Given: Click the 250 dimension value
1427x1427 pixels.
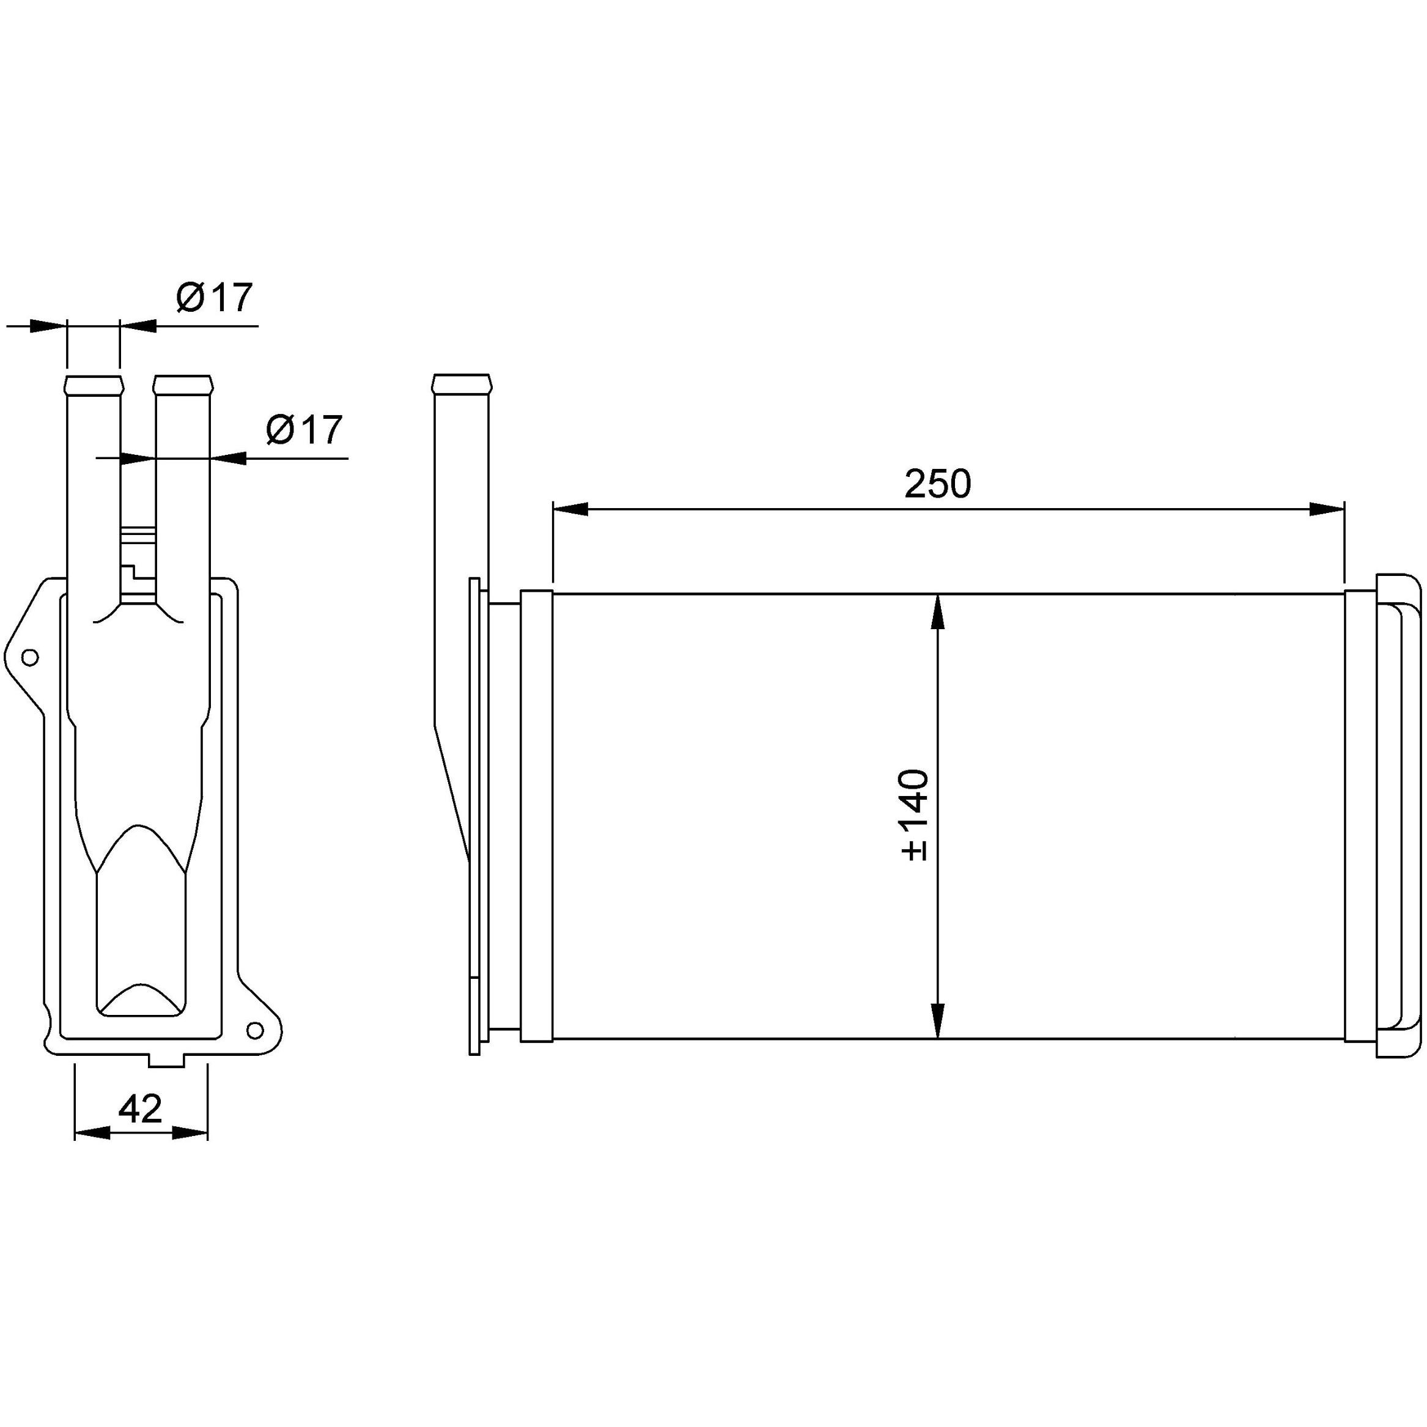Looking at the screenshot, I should (937, 484).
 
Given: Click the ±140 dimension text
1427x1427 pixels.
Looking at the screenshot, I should (915, 816).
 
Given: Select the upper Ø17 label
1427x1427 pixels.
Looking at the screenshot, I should (214, 298).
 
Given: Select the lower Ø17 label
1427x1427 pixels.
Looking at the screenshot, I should (304, 430).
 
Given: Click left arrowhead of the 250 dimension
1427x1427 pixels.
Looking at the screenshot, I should (571, 509).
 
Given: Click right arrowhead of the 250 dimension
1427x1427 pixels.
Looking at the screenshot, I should (1326, 509).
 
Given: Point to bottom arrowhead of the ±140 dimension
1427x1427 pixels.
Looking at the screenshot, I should (937, 1020).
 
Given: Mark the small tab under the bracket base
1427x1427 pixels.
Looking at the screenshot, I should (166, 1061).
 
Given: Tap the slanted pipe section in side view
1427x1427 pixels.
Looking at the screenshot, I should (452, 791).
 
